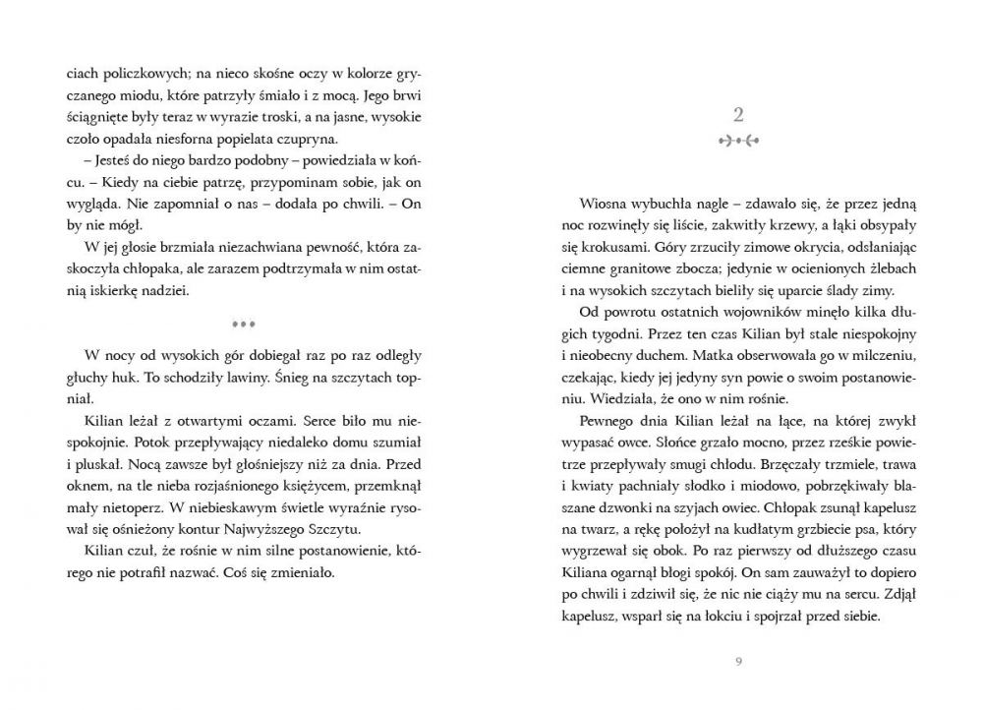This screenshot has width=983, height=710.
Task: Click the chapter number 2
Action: pyautogui.click(x=738, y=112)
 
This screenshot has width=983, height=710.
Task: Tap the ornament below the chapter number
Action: pyautogui.click(x=738, y=141)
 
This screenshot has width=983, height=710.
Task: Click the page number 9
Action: pyautogui.click(x=738, y=660)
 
